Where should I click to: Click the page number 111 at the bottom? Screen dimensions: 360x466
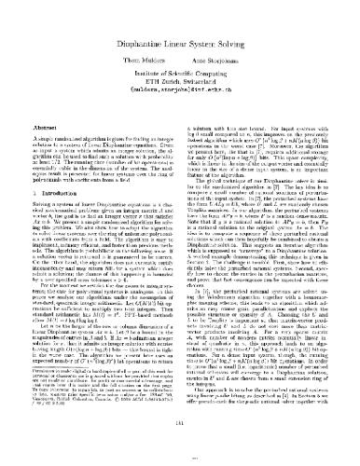tap(180, 447)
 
